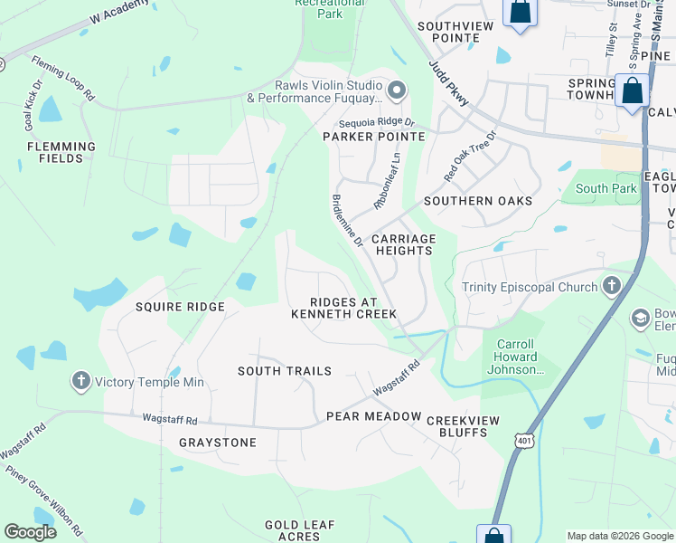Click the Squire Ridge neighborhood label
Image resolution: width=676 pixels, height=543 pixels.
coord(180,307)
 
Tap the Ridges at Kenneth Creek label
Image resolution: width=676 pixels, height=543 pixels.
coord(343,308)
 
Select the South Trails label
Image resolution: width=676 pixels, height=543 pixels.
coord(285,371)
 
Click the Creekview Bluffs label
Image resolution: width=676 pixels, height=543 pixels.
coord(469,426)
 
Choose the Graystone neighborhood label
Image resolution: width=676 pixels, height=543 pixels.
coord(217,443)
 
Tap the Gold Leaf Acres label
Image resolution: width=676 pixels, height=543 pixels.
coord(300,530)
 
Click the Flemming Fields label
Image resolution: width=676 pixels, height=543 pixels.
coord(61,152)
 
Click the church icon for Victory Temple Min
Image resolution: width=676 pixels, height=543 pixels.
coord(81,381)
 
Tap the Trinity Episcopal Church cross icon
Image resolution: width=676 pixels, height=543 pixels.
coord(612,287)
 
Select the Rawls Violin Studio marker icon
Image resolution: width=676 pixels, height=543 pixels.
coord(396,90)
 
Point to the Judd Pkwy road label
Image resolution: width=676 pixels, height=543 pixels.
coord(449,84)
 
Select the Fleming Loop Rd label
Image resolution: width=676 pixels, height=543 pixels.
coord(63,79)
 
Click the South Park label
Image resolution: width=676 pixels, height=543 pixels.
coord(606,189)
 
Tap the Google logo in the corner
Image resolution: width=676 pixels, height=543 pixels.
coord(31,532)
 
